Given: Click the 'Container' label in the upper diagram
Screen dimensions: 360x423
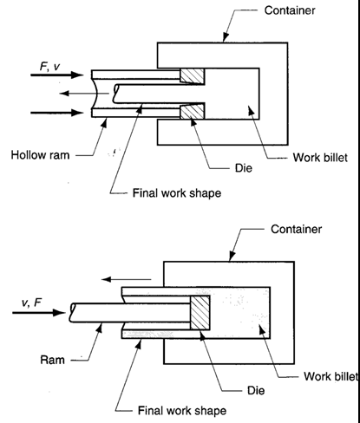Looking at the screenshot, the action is pos(290,10).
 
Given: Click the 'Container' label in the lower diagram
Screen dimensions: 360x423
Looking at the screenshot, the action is pos(296,230).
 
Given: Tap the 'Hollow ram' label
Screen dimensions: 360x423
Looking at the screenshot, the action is pos(40,155).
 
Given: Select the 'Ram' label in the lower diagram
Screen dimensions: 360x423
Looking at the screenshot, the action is pos(52,360).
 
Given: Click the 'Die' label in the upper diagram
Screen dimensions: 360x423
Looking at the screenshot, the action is pos(244,168).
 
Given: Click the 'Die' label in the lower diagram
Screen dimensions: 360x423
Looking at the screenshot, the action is pos(256,391).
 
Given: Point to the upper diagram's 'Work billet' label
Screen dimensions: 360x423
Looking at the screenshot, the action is pos(320,158).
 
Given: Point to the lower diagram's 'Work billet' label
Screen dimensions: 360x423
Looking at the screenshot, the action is pos(331,376).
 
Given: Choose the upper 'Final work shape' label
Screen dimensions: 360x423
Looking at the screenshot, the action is pos(177,193).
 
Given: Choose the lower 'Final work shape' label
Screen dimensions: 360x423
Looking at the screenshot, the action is pos(182,411).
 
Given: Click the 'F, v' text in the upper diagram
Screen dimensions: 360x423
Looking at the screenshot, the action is pos(49,67).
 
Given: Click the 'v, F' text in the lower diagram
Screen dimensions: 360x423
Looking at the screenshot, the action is pos(31,303).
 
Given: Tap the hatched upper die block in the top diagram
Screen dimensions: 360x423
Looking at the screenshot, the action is pos(192,76).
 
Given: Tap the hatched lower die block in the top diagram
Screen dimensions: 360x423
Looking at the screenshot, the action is pos(192,111).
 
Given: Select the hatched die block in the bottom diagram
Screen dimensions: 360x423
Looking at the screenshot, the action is pos(200,313).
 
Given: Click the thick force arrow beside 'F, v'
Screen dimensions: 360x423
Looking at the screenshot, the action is pos(57,75).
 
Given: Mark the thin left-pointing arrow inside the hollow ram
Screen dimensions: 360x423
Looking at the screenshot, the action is pos(84,94).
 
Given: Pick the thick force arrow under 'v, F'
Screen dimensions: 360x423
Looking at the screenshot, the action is pos(39,313).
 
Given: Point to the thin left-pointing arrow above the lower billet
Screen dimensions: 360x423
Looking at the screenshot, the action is pos(126,279).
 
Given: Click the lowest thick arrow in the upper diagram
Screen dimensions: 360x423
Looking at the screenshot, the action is pos(57,113).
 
